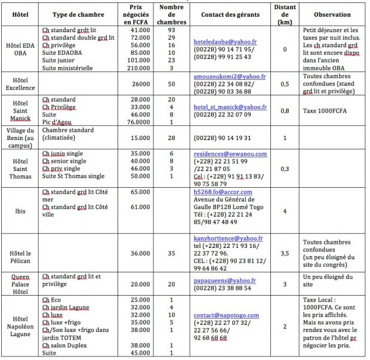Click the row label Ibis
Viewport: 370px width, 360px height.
tap(20, 210)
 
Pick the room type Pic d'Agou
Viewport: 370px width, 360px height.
tap(59, 123)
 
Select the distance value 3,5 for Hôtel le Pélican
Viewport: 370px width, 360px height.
tap(285, 253)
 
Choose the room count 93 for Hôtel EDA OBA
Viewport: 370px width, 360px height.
tap(171, 29)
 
